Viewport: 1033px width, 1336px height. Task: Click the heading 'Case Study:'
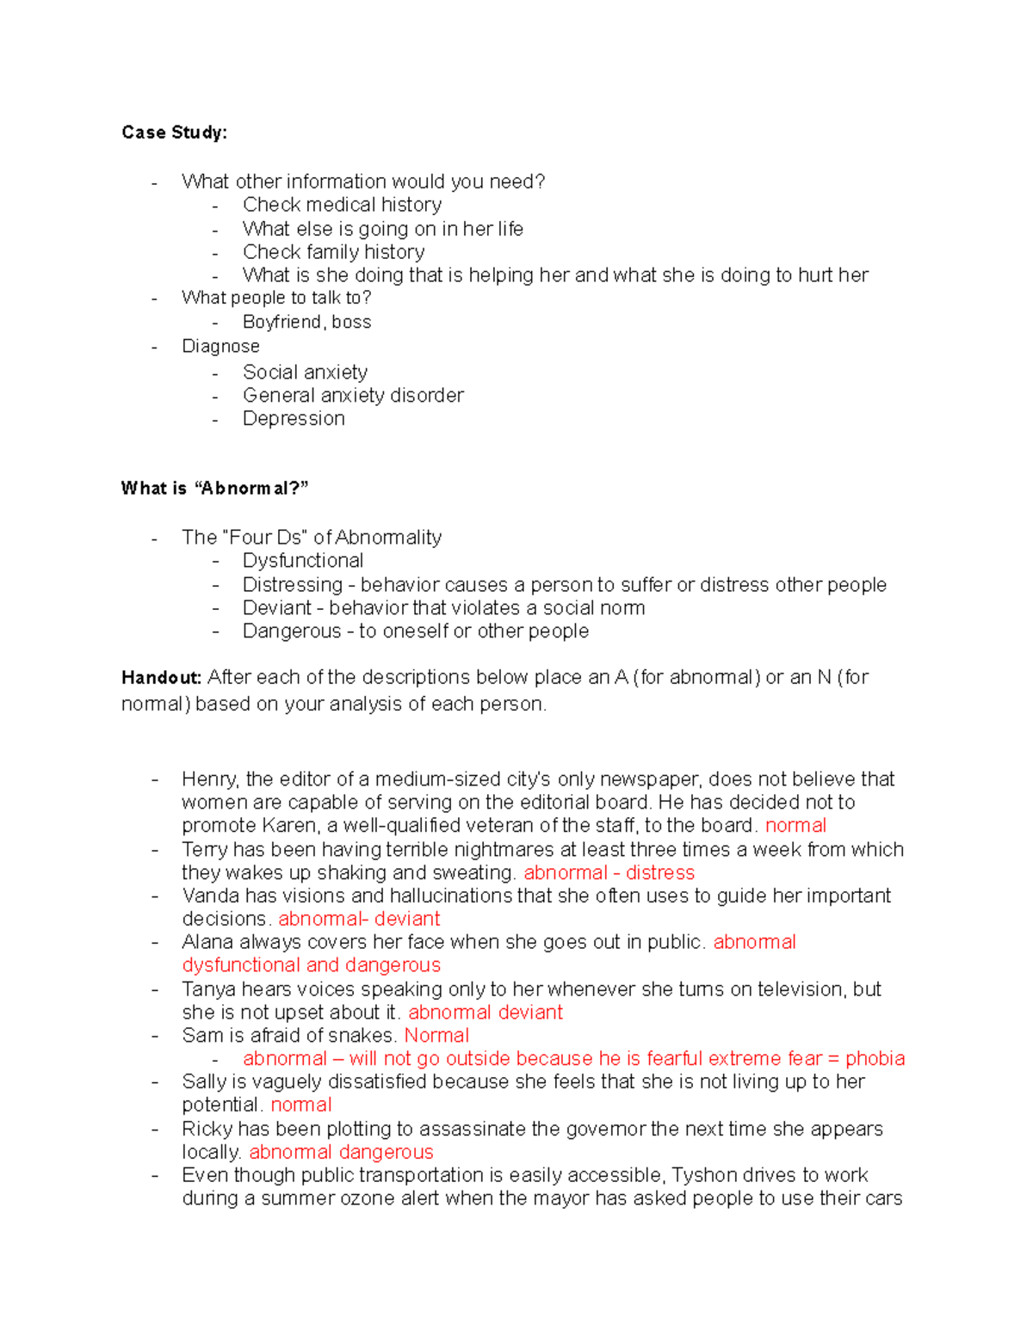pyautogui.click(x=174, y=132)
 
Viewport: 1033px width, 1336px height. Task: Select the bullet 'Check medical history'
pyautogui.click(x=342, y=205)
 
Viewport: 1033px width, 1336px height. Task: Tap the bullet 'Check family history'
pyautogui.click(x=333, y=252)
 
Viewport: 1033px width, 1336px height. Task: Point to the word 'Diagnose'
pyautogui.click(x=220, y=346)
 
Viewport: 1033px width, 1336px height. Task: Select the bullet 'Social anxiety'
pyautogui.click(x=305, y=372)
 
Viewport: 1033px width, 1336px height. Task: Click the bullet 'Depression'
pyautogui.click(x=294, y=418)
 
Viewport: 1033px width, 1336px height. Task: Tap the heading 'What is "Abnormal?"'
pyautogui.click(x=214, y=489)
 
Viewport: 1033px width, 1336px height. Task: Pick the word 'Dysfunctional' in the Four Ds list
pyautogui.click(x=303, y=561)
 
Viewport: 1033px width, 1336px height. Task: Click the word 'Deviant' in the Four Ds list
pyautogui.click(x=276, y=607)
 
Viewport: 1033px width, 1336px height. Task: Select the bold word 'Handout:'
pyautogui.click(x=161, y=678)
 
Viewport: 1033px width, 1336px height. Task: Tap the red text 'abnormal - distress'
pyautogui.click(x=609, y=872)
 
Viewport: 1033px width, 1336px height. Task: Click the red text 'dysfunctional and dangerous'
pyautogui.click(x=311, y=965)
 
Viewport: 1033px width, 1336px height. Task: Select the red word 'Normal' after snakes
pyautogui.click(x=436, y=1036)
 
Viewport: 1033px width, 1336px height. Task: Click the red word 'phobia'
pyautogui.click(x=875, y=1059)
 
